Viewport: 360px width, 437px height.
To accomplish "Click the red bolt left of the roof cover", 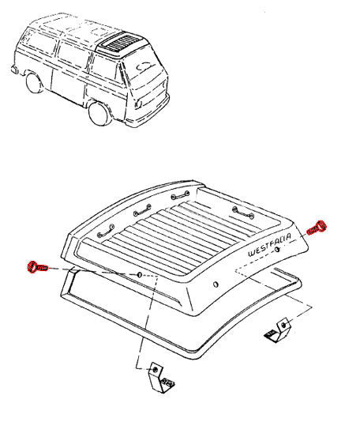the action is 37,267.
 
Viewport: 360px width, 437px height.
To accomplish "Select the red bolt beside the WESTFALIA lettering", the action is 317,228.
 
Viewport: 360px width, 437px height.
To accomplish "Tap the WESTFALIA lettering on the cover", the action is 269,245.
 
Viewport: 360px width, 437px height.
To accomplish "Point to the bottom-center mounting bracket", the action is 159,379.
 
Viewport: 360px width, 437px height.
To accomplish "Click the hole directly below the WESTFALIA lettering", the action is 276,249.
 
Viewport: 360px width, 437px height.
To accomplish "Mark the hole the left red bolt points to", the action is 140,275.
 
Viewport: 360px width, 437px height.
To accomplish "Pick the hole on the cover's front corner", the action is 216,284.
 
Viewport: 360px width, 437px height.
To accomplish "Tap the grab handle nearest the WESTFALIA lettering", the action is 243,212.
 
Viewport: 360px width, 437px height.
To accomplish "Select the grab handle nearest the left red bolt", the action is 106,231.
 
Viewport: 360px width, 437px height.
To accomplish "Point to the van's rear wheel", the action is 34,82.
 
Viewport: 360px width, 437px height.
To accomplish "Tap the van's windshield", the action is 142,67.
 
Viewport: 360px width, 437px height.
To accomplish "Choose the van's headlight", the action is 138,104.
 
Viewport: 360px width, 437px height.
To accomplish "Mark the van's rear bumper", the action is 15,70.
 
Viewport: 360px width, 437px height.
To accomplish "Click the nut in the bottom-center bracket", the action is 155,370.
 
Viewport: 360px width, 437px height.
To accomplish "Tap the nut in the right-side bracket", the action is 283,325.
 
